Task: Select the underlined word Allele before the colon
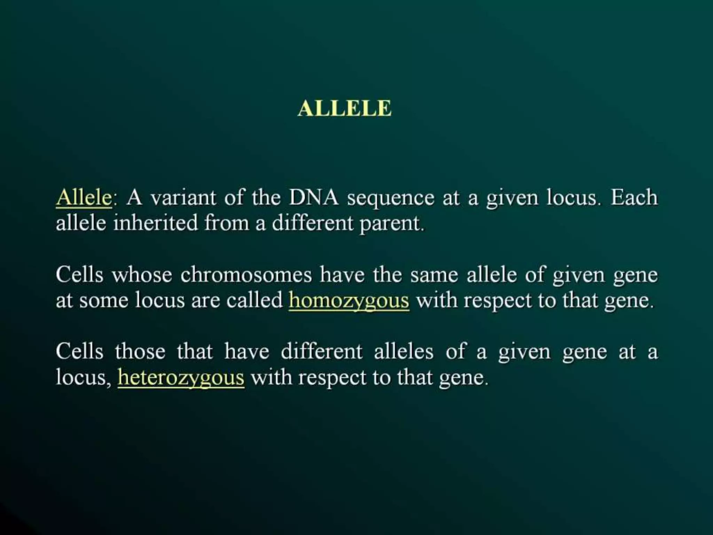click(84, 198)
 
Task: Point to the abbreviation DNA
click(313, 198)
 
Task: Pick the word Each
click(634, 197)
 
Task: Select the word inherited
click(155, 223)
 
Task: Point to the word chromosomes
click(246, 274)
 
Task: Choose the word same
click(434, 275)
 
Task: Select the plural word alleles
click(404, 351)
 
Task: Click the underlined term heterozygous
click(181, 378)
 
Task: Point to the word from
click(226, 223)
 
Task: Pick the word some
click(103, 300)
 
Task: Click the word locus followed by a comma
click(83, 377)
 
